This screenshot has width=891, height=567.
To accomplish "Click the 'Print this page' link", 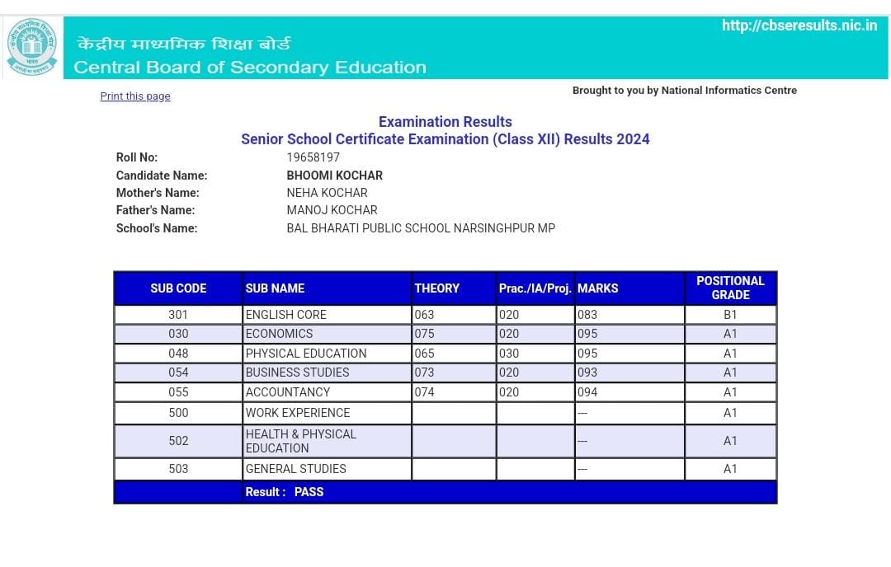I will pyautogui.click(x=135, y=96).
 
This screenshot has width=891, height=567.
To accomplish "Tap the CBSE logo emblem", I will pyautogui.click(x=32, y=48).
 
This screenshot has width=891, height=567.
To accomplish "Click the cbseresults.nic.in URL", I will pyautogui.click(x=799, y=26).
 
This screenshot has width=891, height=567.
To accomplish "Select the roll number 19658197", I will pyautogui.click(x=313, y=157).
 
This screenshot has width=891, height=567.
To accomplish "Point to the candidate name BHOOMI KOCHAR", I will pyautogui.click(x=334, y=176).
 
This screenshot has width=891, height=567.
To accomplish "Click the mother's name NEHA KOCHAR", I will pyautogui.click(x=327, y=193).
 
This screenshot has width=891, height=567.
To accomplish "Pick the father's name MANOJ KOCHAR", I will pyautogui.click(x=332, y=210).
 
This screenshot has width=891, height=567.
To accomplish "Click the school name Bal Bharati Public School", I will pyautogui.click(x=421, y=228).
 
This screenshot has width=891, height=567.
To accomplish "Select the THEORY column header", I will pyautogui.click(x=437, y=288).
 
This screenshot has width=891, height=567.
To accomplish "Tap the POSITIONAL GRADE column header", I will pyautogui.click(x=730, y=288).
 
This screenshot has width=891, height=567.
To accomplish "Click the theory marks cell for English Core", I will pyautogui.click(x=425, y=315).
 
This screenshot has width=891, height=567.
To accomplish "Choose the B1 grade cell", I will pyautogui.click(x=730, y=315).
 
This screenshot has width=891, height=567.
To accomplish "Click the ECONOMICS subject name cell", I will pyautogui.click(x=280, y=334).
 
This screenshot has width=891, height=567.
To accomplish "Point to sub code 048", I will pyautogui.click(x=178, y=354).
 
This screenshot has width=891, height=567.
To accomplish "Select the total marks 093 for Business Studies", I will pyautogui.click(x=587, y=373).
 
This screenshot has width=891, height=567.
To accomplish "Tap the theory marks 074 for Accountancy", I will pyautogui.click(x=425, y=392).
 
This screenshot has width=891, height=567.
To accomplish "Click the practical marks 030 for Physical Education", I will pyautogui.click(x=509, y=354).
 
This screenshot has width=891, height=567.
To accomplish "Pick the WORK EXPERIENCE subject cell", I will pyautogui.click(x=298, y=413).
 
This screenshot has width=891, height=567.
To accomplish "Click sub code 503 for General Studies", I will pyautogui.click(x=178, y=469).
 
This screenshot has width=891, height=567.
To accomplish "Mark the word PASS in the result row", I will pyautogui.click(x=309, y=492).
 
